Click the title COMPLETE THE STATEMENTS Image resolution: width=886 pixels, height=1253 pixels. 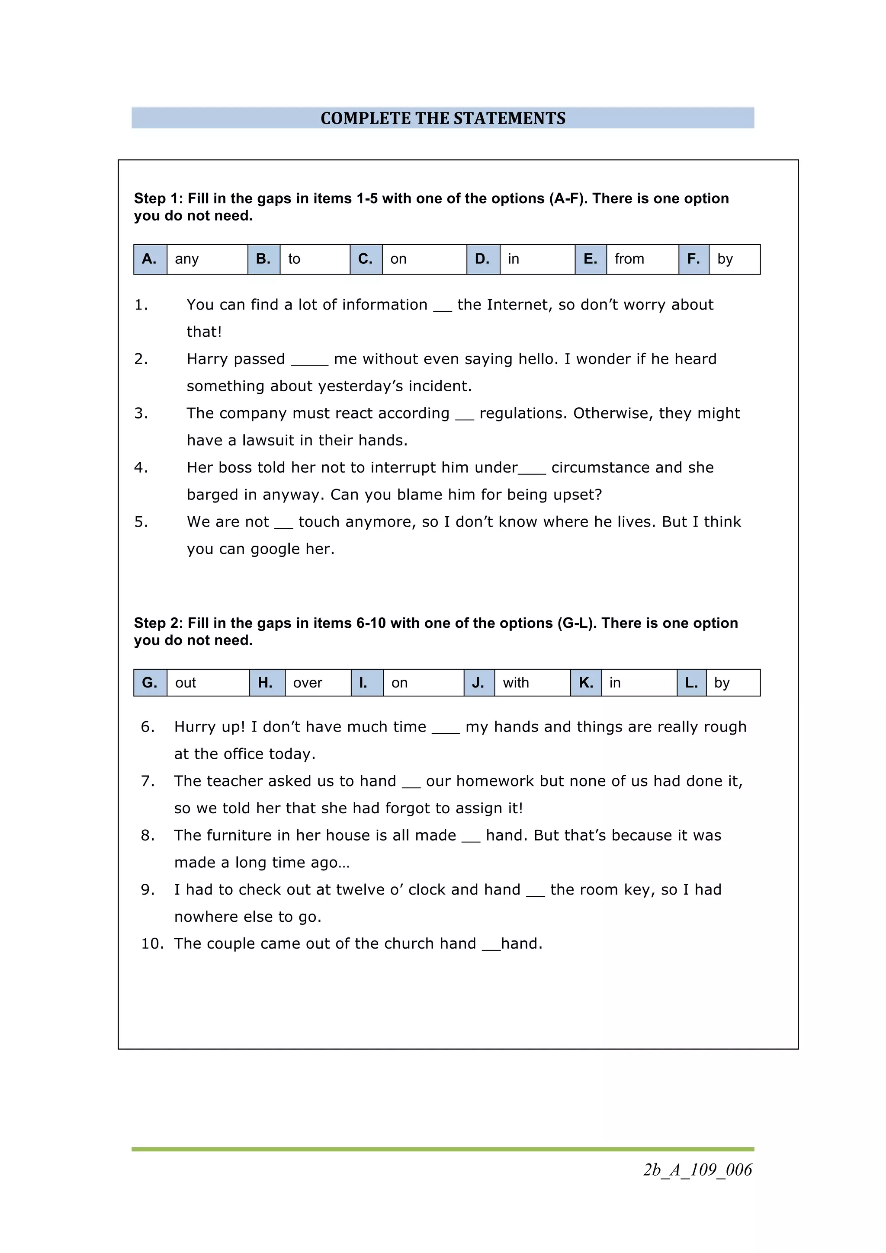(443, 118)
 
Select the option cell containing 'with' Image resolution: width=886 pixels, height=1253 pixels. (531, 683)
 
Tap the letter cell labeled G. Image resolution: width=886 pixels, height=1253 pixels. (150, 683)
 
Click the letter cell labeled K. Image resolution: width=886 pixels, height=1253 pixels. (586, 683)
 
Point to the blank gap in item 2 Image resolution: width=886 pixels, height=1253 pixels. (309, 362)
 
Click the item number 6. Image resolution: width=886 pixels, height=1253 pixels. (148, 727)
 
